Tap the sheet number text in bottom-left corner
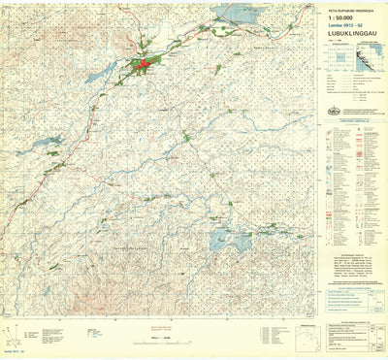pos(14,351)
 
